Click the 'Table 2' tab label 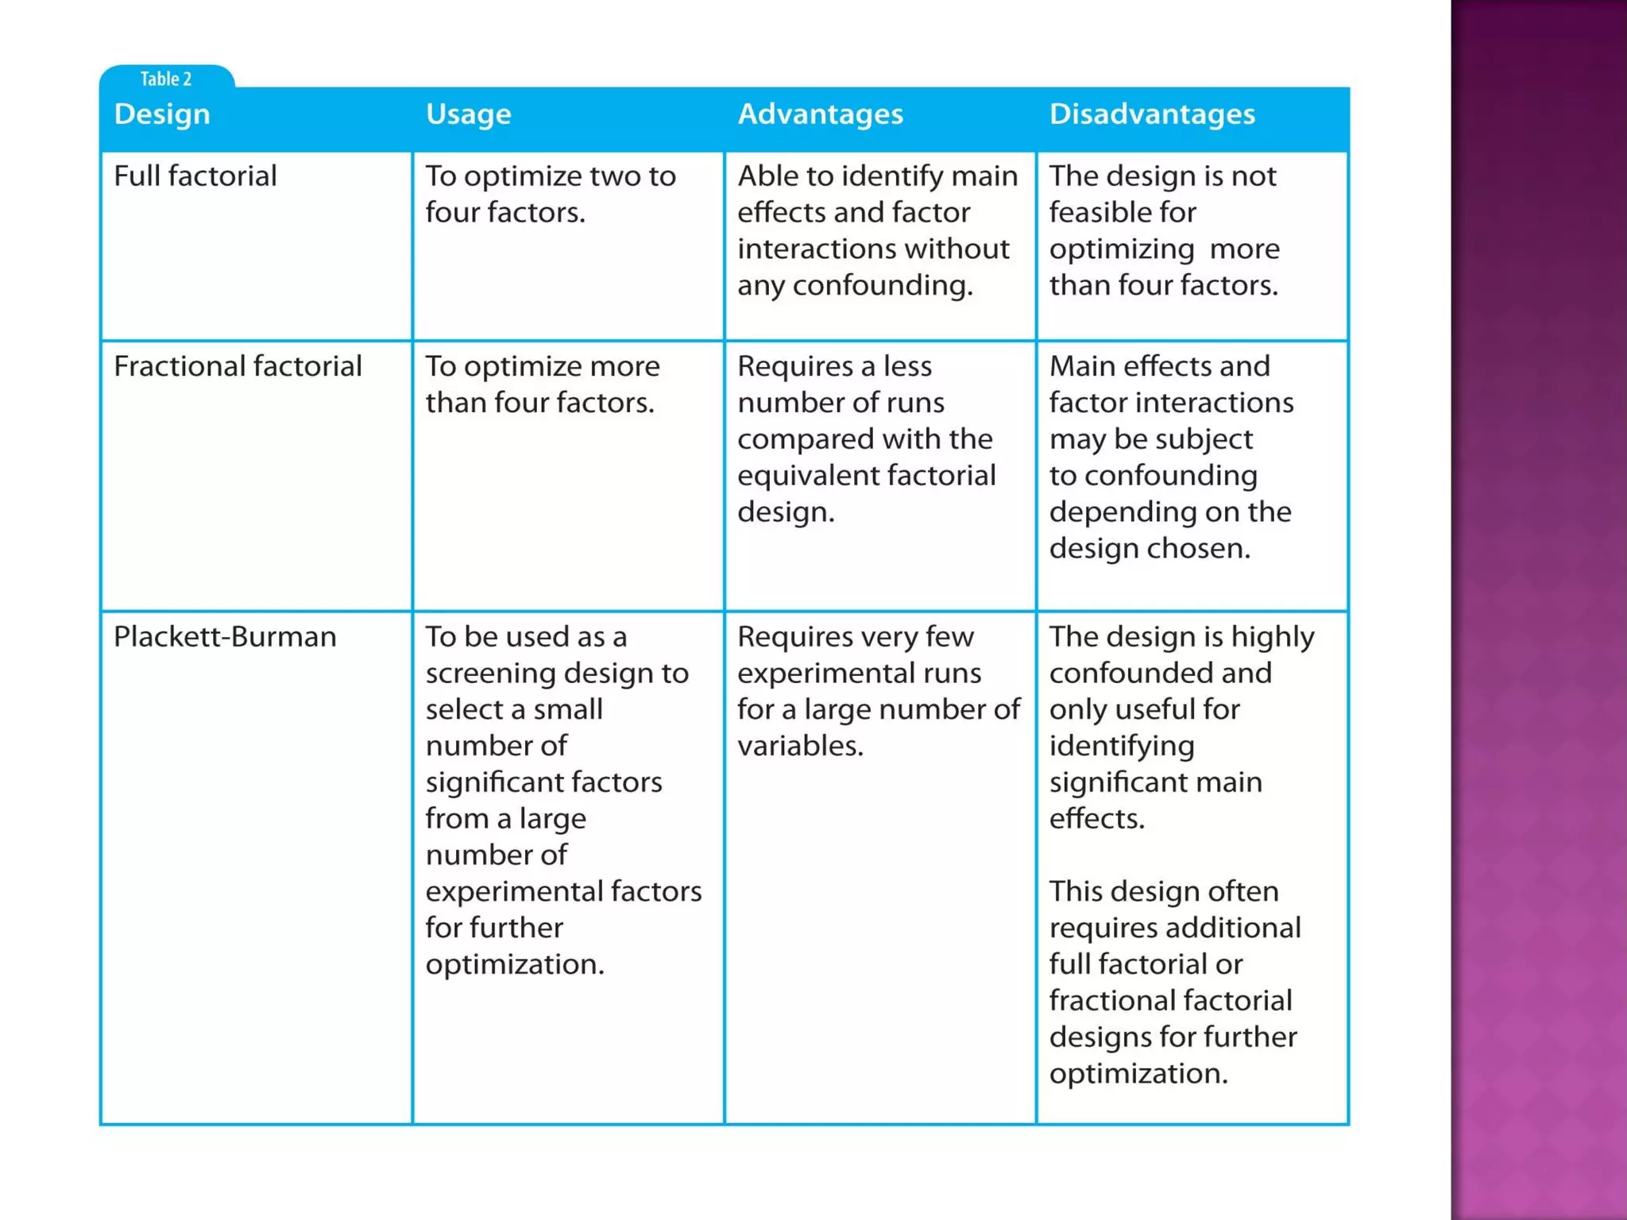165,79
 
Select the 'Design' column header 162,114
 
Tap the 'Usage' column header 468,114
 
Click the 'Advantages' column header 820,114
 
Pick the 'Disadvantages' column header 1151,114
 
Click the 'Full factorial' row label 195,176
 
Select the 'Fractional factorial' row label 238,366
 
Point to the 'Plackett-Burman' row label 225,637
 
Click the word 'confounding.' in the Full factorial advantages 883,285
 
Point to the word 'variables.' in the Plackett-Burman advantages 799,746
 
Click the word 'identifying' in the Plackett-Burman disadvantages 1121,746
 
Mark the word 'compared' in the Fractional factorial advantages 801,439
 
